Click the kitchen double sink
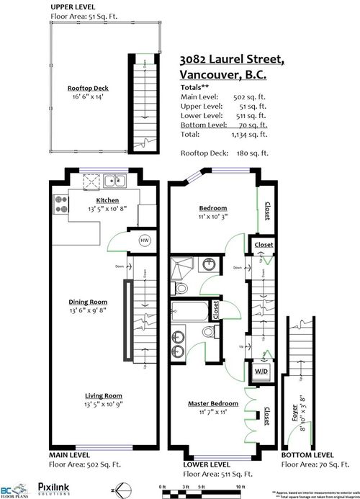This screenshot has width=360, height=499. coord(113,181)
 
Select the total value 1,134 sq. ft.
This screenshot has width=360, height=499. coord(257,134)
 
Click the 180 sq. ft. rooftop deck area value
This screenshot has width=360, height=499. coord(257,153)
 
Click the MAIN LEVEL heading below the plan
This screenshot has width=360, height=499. coord(70,456)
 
